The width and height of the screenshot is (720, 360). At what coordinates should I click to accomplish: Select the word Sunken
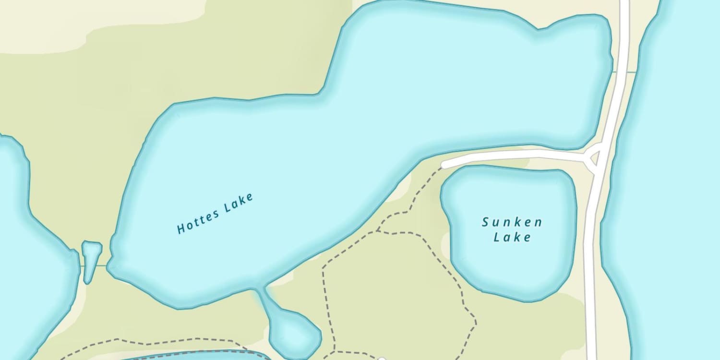pyautogui.click(x=512, y=222)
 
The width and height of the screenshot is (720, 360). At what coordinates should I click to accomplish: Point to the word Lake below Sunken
pyautogui.click(x=513, y=237)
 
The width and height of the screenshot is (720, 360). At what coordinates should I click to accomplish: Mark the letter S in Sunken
pyautogui.click(x=485, y=222)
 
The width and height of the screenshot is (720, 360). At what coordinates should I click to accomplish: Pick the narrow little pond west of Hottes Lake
pyautogui.click(x=90, y=259)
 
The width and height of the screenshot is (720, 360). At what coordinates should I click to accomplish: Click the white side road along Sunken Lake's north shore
pyautogui.click(x=514, y=155)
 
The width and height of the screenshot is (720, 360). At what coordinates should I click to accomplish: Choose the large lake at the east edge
pyautogui.click(x=677, y=192)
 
